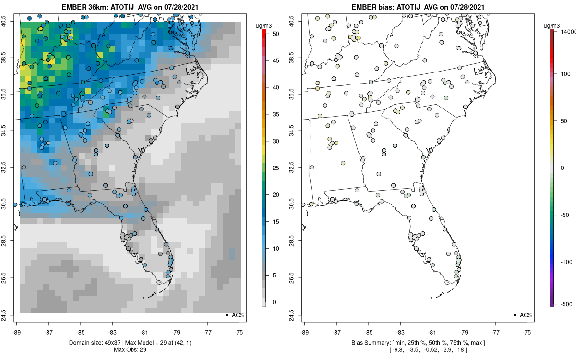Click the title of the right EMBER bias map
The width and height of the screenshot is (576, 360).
point(418,7)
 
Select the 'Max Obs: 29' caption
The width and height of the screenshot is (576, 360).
point(130,350)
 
